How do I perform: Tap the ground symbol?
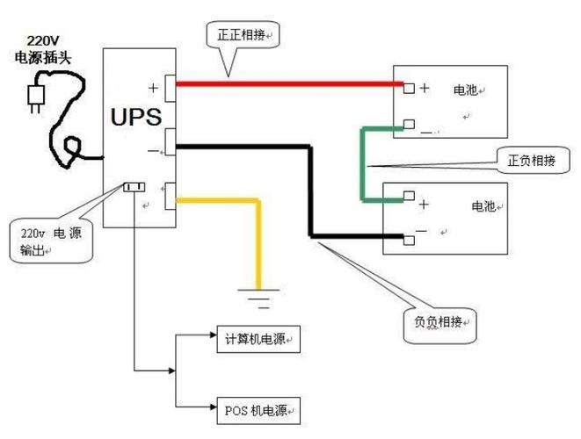click(x=258, y=299)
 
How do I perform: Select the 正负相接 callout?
click(x=531, y=161)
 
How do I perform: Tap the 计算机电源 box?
click(x=257, y=339)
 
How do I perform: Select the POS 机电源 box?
click(x=257, y=408)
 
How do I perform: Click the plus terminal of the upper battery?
click(x=409, y=88)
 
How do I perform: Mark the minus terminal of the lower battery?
click(x=409, y=238)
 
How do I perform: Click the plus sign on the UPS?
click(x=154, y=86)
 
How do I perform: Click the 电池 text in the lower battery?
click(x=483, y=207)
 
